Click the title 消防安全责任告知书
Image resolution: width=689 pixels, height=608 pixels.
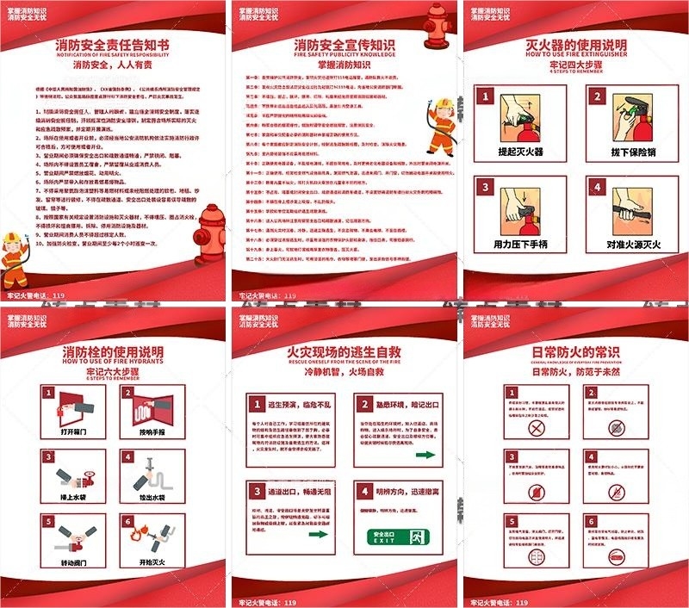(x=112, y=44)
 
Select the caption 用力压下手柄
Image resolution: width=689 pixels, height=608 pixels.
(x=520, y=245)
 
